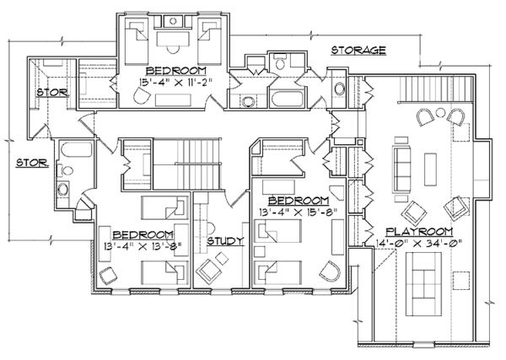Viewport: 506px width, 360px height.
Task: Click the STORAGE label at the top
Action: [358, 51]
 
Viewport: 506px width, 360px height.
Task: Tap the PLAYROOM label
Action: [419, 232]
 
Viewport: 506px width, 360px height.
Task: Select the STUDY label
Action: [225, 241]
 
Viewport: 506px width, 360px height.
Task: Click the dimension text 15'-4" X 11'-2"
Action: [176, 82]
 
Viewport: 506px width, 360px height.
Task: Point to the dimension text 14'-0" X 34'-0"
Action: [419, 243]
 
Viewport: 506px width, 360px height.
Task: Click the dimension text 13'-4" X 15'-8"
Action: [299, 212]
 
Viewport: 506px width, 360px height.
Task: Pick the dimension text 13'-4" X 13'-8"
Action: [143, 246]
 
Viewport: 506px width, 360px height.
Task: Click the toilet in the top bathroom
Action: [279, 61]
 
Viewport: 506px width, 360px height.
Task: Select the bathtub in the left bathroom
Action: [76, 151]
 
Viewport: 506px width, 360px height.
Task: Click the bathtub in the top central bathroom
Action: [288, 99]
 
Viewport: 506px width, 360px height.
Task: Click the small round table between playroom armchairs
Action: [440, 113]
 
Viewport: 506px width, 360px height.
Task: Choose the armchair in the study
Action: [209, 270]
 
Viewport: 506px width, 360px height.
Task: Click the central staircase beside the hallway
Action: [187, 164]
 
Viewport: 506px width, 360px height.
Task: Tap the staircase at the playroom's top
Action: [437, 89]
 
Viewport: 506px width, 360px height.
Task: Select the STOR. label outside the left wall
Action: [33, 162]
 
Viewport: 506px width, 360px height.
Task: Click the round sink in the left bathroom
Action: [63, 189]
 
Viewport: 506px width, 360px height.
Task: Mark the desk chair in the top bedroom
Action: [173, 49]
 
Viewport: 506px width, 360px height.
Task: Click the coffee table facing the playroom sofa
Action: [430, 169]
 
